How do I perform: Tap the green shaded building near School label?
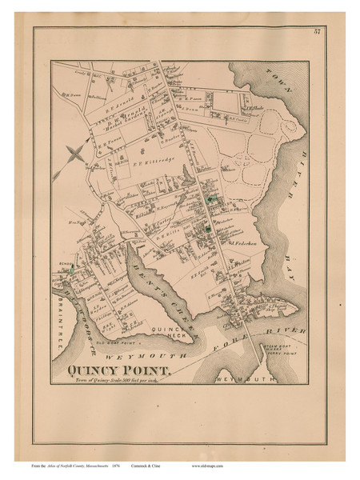point(73,273)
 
